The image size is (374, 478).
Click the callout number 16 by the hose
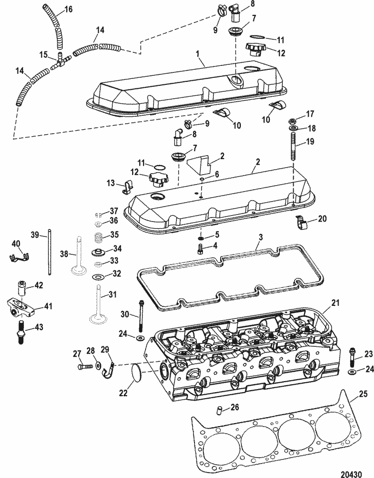[68, 9]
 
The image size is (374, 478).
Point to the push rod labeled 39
[50, 252]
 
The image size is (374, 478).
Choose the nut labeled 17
[293, 121]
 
